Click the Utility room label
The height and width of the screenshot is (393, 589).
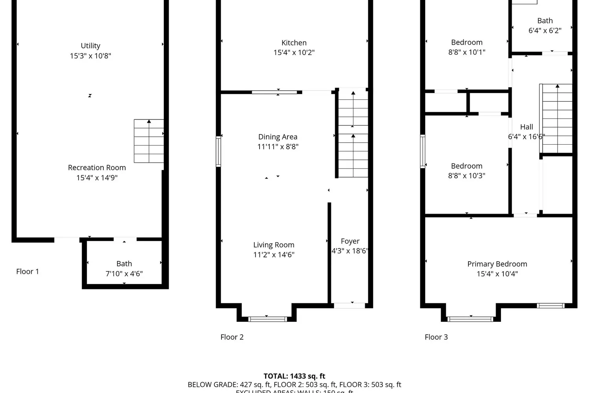tap(90, 46)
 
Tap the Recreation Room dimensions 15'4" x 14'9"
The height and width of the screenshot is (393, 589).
tap(97, 178)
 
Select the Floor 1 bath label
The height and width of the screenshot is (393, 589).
tap(124, 264)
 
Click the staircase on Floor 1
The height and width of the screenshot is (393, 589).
tap(149, 141)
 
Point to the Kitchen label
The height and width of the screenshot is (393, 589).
tap(294, 43)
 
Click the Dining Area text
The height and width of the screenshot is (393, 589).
tap(278, 137)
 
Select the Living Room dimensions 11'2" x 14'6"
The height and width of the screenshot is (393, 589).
tap(274, 255)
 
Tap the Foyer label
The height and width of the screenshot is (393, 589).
tap(350, 241)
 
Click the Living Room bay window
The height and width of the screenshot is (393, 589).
tap(268, 319)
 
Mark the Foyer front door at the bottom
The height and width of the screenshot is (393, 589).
tap(349, 305)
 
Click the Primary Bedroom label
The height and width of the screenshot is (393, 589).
tap(497, 264)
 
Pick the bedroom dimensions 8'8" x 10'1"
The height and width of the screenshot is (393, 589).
tap(467, 52)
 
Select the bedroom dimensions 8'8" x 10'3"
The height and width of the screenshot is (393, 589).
tap(466, 176)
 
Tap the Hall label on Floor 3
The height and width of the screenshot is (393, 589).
tap(527, 127)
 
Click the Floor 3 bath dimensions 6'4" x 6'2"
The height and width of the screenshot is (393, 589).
tap(545, 31)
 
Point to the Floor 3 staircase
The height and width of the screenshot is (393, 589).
tap(557, 118)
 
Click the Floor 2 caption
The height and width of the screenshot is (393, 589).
tap(232, 337)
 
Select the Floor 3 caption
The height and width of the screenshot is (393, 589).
tap(436, 337)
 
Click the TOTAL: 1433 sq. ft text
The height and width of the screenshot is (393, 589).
tap(294, 376)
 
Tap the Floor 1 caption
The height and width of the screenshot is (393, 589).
tap(27, 272)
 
